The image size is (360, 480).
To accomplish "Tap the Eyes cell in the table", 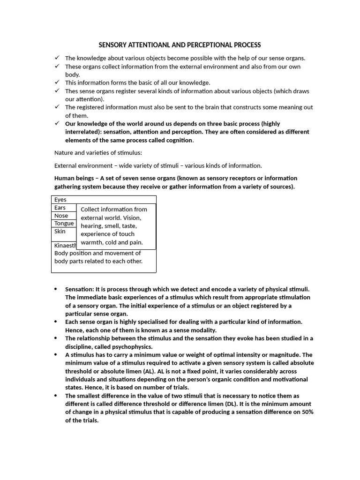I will pyautogui.click(x=60, y=200).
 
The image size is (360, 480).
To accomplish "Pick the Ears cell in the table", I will pyautogui.click(x=60, y=208).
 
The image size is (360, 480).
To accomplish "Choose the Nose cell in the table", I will pyautogui.click(x=61, y=216).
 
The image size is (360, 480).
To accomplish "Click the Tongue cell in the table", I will pyautogui.click(x=64, y=224).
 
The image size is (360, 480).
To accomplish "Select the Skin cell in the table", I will pyautogui.click(x=60, y=232).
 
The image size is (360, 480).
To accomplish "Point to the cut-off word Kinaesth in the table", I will pyautogui.click(x=65, y=245).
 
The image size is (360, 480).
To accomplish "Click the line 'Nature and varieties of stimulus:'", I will pyautogui.click(x=97, y=153).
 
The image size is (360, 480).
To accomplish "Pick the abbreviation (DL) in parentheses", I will pyautogui.click(x=250, y=404).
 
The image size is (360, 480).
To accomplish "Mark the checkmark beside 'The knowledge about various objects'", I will pyautogui.click(x=57, y=58).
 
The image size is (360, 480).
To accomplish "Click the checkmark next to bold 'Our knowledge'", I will pyautogui.click(x=57, y=123).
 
